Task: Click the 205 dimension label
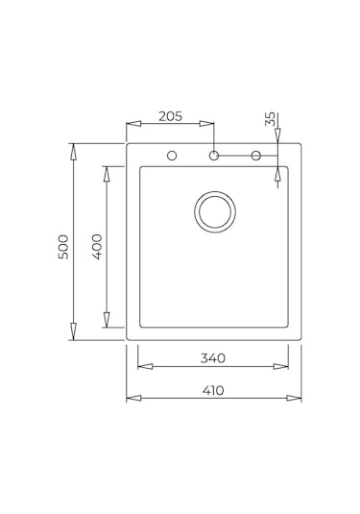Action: tap(169, 116)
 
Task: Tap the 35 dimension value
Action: tap(271, 119)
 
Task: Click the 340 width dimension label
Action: tap(213, 358)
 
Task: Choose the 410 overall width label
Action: tap(213, 390)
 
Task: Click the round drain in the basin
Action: tap(214, 211)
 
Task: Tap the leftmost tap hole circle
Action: tap(173, 156)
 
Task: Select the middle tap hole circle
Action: tap(214, 156)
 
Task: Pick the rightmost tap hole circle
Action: tap(256, 156)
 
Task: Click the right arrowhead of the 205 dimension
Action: tap(209, 124)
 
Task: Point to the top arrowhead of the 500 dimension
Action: tap(74, 149)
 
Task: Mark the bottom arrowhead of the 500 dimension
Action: tap(74, 335)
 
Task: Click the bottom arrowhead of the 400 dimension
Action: tap(108, 322)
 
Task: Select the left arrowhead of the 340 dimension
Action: tap(143, 366)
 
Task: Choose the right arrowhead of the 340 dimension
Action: tap(283, 366)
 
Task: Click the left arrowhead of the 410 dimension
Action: tap(132, 398)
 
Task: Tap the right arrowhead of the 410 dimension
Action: tap(296, 398)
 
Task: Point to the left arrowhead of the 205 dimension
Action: tap(132, 124)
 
